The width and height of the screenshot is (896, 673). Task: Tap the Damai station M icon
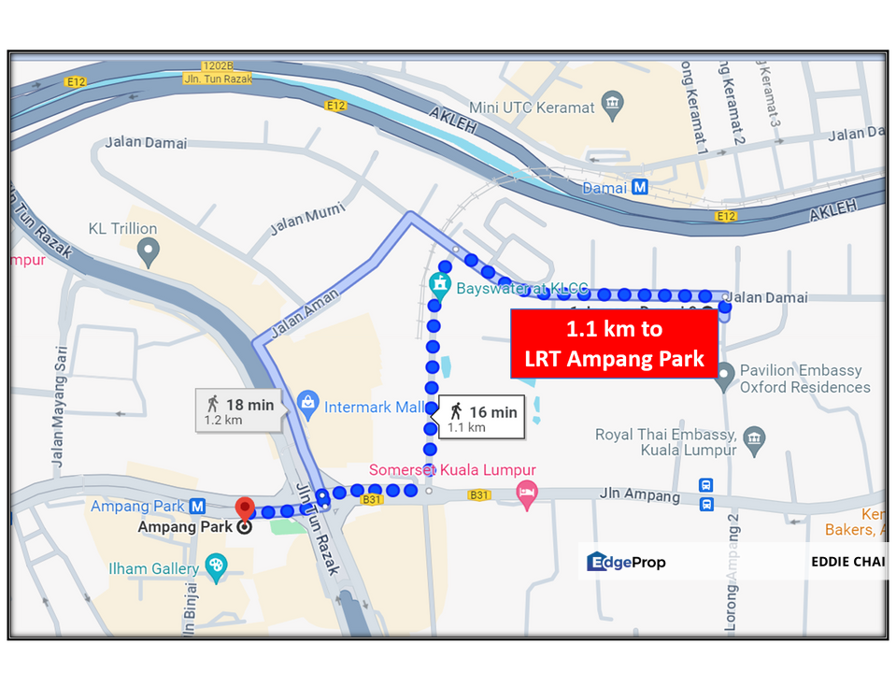640,187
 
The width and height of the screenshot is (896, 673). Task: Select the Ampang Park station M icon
197,506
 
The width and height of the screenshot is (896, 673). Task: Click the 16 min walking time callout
480,417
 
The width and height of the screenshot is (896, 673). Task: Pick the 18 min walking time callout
237,409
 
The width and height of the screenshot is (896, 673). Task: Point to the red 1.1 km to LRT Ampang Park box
614,343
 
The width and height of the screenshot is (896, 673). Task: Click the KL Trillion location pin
146,250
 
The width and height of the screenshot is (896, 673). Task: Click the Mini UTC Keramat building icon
612,101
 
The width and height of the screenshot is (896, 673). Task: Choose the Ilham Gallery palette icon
216,567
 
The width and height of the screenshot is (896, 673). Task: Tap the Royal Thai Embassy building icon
755,437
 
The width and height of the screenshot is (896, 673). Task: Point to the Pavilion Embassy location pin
723,377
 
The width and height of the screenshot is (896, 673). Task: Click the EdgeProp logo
626,562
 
